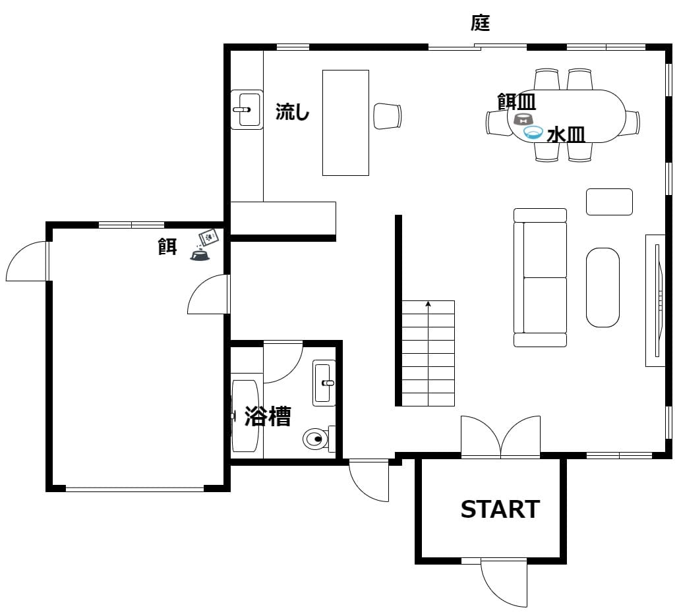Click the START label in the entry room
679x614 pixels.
[x=500, y=509]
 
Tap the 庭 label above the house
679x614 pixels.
[x=480, y=22]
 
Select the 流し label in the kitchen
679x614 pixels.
[x=292, y=111]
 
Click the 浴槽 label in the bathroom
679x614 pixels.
[x=268, y=416]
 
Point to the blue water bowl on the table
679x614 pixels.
[x=533, y=132]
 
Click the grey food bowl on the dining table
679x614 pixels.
[x=523, y=119]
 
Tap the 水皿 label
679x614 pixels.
[x=566, y=135]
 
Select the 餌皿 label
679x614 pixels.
[x=517, y=101]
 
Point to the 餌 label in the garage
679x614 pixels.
[x=167, y=246]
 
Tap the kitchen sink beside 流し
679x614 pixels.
[x=247, y=109]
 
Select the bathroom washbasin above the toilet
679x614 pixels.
[x=324, y=383]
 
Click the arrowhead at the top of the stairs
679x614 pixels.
[x=428, y=304]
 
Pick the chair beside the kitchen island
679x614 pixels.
[x=388, y=116]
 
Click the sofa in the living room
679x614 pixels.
[x=540, y=277]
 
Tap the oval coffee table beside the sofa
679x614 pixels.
[x=603, y=287]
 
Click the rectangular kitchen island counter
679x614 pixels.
[x=345, y=123]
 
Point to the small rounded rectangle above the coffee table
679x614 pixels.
[x=609, y=202]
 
